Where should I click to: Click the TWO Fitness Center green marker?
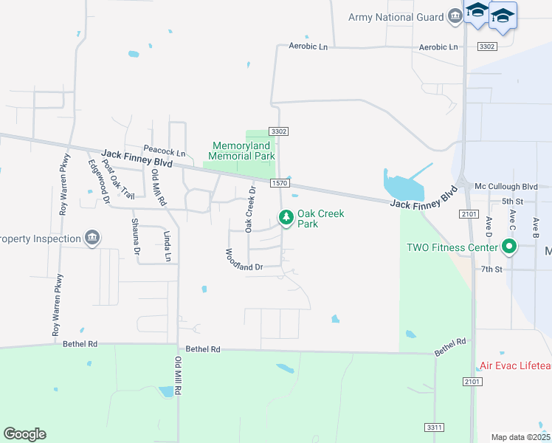[x=508, y=247]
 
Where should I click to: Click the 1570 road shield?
[x=278, y=182]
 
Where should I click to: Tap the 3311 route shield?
[x=435, y=427]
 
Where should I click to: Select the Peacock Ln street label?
[x=164, y=151]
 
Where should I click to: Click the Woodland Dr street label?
[x=244, y=260]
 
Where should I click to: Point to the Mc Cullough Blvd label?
[x=506, y=187]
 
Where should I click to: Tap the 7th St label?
[x=491, y=269]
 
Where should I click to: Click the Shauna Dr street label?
[x=136, y=236]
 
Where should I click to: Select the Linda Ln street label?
[x=167, y=245]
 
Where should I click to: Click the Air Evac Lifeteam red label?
[x=515, y=365]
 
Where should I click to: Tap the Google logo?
[x=24, y=434]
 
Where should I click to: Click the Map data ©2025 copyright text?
[x=520, y=437]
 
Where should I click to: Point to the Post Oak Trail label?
[x=119, y=179]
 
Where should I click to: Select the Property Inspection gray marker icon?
[x=92, y=238]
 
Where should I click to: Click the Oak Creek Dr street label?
[x=250, y=209]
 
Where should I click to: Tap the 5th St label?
[x=511, y=201]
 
